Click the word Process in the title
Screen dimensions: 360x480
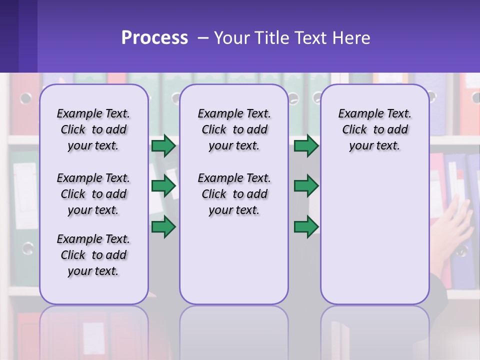[154, 38]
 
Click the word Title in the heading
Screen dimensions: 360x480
[270, 38]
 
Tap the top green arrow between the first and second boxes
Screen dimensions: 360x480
[163, 145]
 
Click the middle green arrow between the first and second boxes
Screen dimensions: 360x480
[163, 185]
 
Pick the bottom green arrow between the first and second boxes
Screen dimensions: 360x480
[163, 226]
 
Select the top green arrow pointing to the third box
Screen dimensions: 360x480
[306, 145]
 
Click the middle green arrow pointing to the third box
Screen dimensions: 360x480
[306, 185]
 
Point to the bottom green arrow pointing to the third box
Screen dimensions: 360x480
[306, 226]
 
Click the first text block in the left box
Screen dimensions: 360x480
[93, 129]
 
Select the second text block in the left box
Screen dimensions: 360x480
[93, 194]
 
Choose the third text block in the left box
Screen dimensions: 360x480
[93, 255]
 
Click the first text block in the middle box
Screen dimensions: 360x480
[234, 129]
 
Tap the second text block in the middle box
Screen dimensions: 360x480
[234, 194]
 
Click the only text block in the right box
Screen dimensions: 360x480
[374, 129]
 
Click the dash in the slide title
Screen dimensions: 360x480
[203, 38]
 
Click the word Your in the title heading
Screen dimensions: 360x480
[232, 38]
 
